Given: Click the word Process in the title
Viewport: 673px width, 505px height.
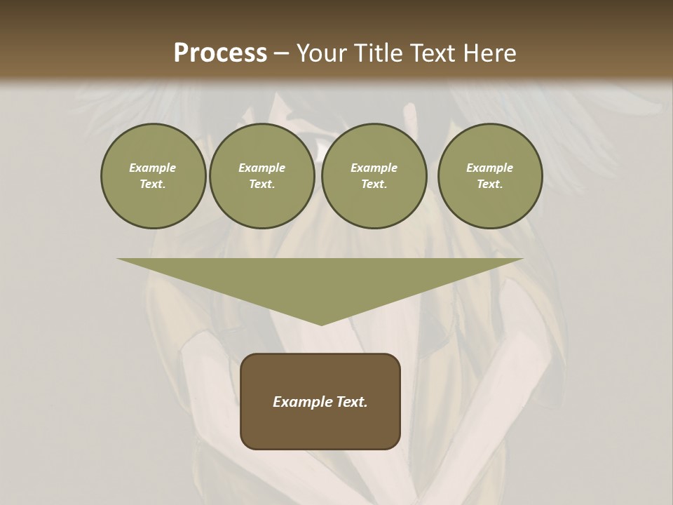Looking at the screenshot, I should pyautogui.click(x=220, y=53).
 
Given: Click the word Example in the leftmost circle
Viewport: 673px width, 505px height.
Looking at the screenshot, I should pyautogui.click(x=153, y=168).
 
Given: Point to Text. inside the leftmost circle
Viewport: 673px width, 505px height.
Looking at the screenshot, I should pyautogui.click(x=153, y=184).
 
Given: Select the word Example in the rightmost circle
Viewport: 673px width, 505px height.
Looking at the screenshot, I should pyautogui.click(x=489, y=168).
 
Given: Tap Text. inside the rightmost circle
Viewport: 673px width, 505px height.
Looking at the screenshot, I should pyautogui.click(x=489, y=184).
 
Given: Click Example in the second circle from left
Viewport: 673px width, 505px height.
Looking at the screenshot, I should pyautogui.click(x=261, y=168).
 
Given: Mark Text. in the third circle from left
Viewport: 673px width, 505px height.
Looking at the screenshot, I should pyautogui.click(x=374, y=184).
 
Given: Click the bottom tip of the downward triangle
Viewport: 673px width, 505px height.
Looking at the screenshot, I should pyautogui.click(x=321, y=324).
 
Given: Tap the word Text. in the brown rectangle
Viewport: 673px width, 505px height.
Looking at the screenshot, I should pyautogui.click(x=351, y=402).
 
